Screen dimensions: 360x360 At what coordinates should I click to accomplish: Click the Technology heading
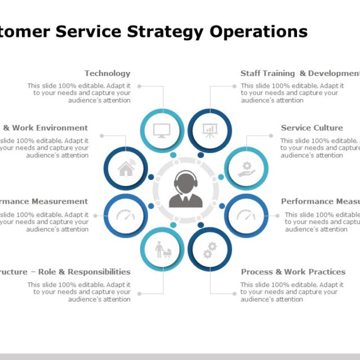tap(107, 73)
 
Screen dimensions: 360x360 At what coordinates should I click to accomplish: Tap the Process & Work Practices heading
tap(293, 272)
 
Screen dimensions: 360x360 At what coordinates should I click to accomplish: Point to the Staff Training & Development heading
tap(300, 73)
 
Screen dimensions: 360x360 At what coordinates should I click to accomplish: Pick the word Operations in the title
tap(259, 31)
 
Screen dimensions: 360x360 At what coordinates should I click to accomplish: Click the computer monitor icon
tap(162, 130)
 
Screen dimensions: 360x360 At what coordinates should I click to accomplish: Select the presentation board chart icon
tap(210, 130)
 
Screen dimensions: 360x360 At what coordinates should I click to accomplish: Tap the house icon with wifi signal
tap(125, 168)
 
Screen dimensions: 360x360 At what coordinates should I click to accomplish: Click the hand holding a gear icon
tap(246, 169)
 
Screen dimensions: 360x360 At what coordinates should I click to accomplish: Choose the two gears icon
tap(210, 250)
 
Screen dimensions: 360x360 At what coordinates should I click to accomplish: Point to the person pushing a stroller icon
tap(162, 249)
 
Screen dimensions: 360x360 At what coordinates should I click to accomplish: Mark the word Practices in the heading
tap(327, 272)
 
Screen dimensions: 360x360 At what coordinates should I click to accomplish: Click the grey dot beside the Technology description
tap(139, 87)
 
